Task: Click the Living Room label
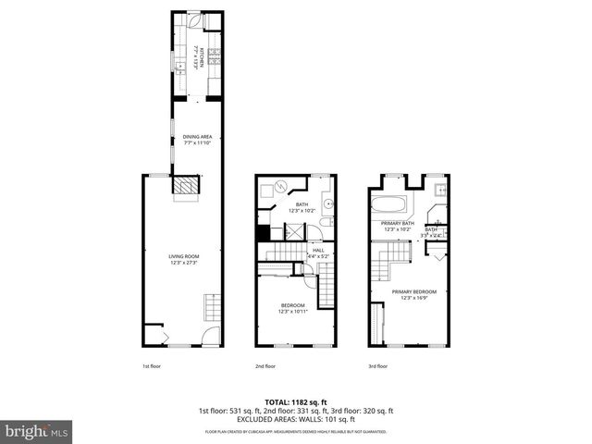pos(183,260)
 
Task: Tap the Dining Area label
pos(197,140)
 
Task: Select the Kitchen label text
pos(198,58)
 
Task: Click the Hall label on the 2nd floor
pos(318,253)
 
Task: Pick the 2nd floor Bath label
pos(302,207)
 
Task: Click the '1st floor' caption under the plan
pos(152,365)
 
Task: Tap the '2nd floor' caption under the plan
pos(265,365)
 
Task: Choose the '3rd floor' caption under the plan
pos(376,365)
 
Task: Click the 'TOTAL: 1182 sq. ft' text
pos(295,402)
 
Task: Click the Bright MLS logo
pos(37,431)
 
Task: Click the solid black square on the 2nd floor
pos(263,232)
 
